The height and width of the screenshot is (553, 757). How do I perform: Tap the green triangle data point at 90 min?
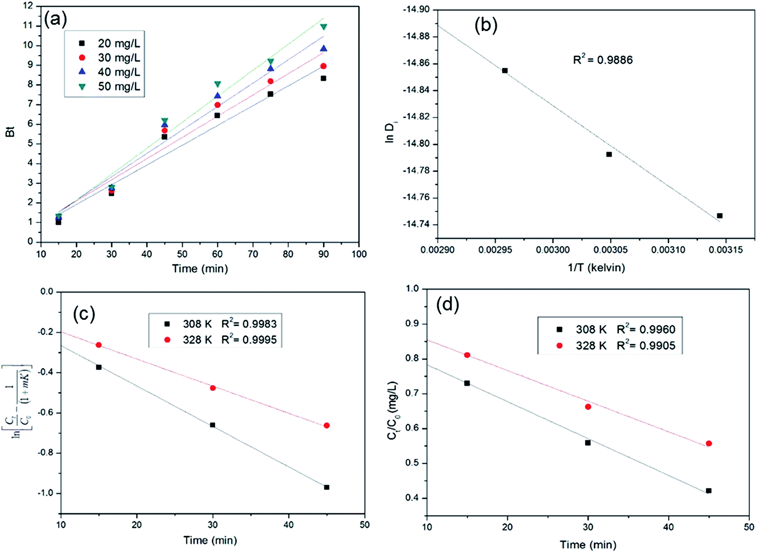tap(324, 27)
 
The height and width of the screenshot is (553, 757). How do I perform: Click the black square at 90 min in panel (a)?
tap(323, 78)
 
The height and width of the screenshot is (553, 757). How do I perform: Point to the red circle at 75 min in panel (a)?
tap(270, 81)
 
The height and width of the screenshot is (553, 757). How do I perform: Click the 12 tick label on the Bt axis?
tap(28, 6)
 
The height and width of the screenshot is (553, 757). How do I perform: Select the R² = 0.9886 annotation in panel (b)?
tap(603, 60)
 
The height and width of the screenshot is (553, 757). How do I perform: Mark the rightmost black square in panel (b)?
tap(720, 216)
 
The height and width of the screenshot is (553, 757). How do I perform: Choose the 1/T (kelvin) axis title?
tap(596, 267)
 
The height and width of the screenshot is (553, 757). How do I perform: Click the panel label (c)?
tap(84, 314)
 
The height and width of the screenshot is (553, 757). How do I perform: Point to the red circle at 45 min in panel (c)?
tap(326, 425)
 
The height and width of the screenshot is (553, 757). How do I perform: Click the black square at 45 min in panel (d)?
tap(709, 491)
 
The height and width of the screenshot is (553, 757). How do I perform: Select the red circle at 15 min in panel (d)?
tap(467, 355)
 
